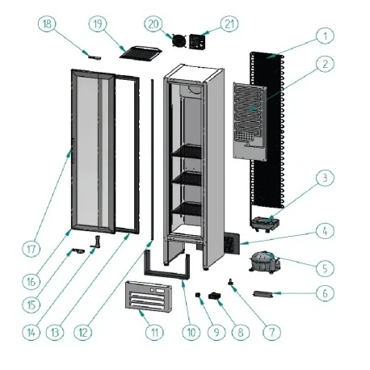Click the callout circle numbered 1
pyautogui.click(x=324, y=36)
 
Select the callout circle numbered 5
pyautogui.click(x=324, y=266)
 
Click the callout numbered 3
pyautogui.click(x=324, y=178)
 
